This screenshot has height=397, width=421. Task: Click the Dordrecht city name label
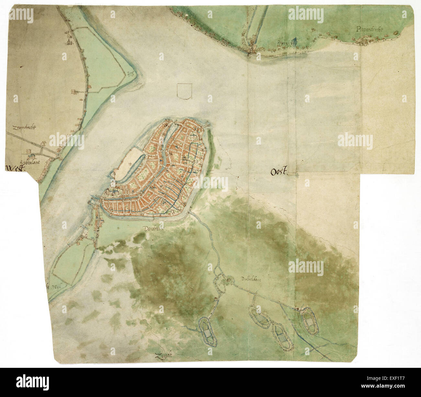(x=154, y=228)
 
